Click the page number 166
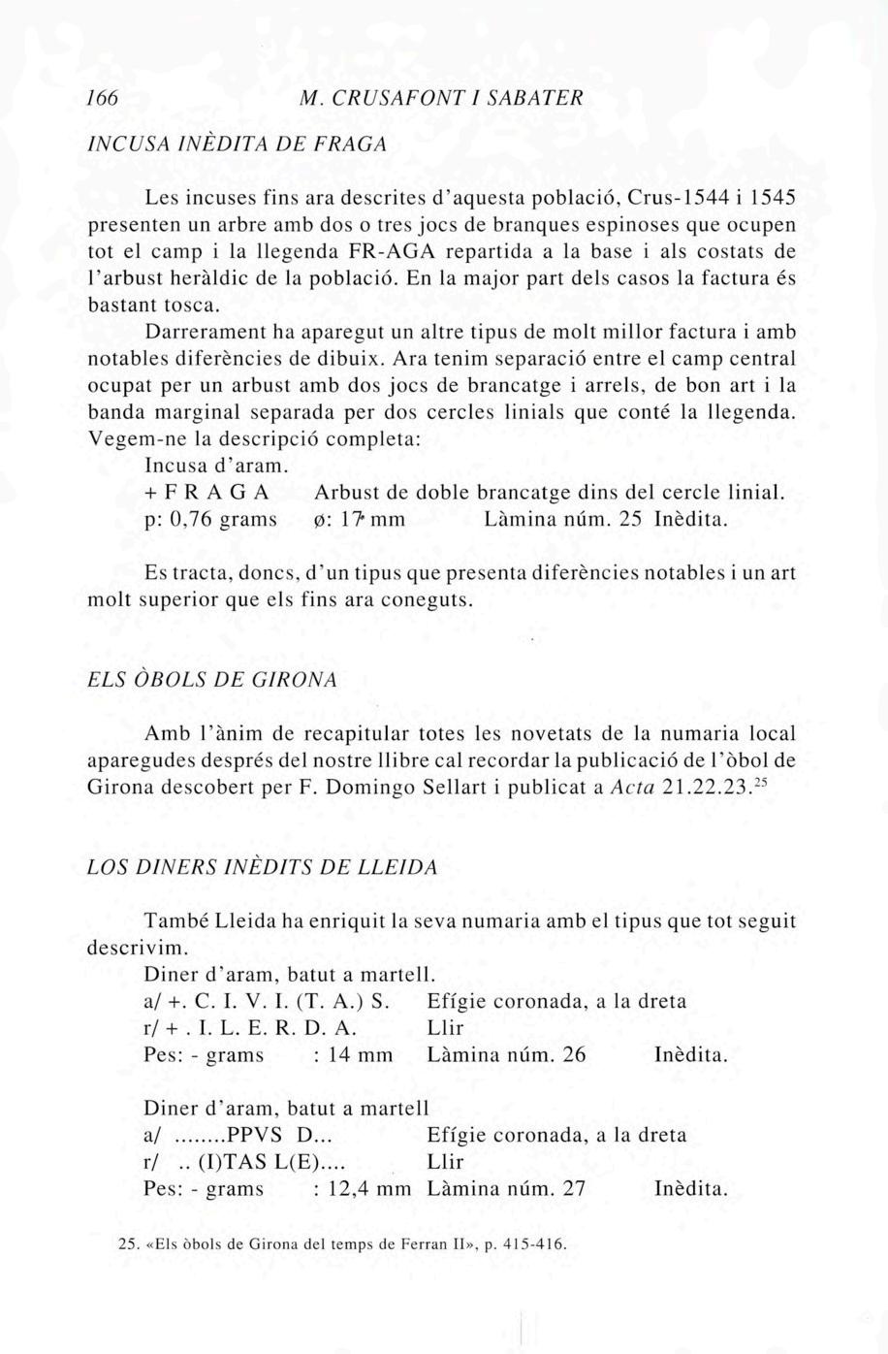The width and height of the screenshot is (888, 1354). (102, 98)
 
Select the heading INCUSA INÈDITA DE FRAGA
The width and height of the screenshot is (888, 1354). (237, 145)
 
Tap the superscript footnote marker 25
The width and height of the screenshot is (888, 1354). (759, 782)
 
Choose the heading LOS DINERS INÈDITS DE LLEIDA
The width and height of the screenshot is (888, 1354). (262, 867)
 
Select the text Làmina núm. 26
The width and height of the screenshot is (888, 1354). (506, 1054)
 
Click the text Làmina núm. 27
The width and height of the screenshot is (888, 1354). (506, 1188)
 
